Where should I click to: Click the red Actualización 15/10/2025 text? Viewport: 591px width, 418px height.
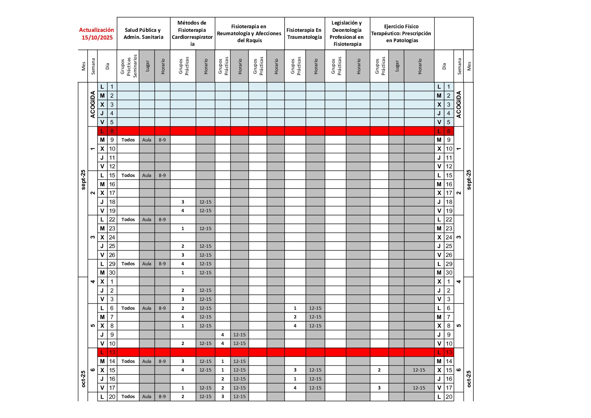97,34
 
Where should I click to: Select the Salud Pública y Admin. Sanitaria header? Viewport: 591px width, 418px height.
143,34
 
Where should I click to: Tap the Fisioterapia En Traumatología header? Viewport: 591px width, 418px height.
304,34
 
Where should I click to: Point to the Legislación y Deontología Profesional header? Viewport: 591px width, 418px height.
347,33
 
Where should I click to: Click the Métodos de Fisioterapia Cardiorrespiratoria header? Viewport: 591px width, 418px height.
192,33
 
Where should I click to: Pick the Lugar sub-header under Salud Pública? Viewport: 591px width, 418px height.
147,66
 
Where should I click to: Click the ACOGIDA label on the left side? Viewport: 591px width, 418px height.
93,104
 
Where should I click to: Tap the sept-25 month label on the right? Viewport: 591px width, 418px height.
469,180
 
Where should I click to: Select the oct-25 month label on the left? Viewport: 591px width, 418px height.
83,379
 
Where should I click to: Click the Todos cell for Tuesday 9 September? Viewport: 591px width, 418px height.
128,140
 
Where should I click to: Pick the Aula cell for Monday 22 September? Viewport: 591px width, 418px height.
147,219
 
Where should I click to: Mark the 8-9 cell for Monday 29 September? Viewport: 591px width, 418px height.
162,264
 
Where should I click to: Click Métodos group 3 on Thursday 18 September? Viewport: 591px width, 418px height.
183,202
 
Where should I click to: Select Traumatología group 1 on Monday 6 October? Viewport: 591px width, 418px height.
295,308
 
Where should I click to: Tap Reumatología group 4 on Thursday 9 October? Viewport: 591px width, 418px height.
223,335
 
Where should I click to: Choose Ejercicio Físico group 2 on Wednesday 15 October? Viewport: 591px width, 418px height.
379,370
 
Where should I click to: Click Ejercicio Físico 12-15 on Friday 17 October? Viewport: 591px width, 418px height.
419,388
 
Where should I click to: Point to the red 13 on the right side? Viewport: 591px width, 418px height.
449,352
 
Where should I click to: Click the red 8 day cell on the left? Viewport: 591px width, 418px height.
112,131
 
